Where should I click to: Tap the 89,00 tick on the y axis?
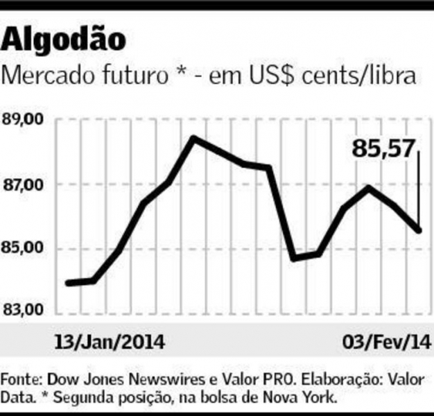pos(24,119)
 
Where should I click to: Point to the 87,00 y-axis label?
pos(24,185)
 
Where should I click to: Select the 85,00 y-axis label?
pos(24,248)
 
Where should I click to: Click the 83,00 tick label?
pos(24,310)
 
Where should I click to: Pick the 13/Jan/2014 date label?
pos(109,342)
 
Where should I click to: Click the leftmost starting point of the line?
pos(67,283)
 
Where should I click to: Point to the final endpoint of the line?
pos(419,230)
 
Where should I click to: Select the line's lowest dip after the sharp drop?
pos(293,258)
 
